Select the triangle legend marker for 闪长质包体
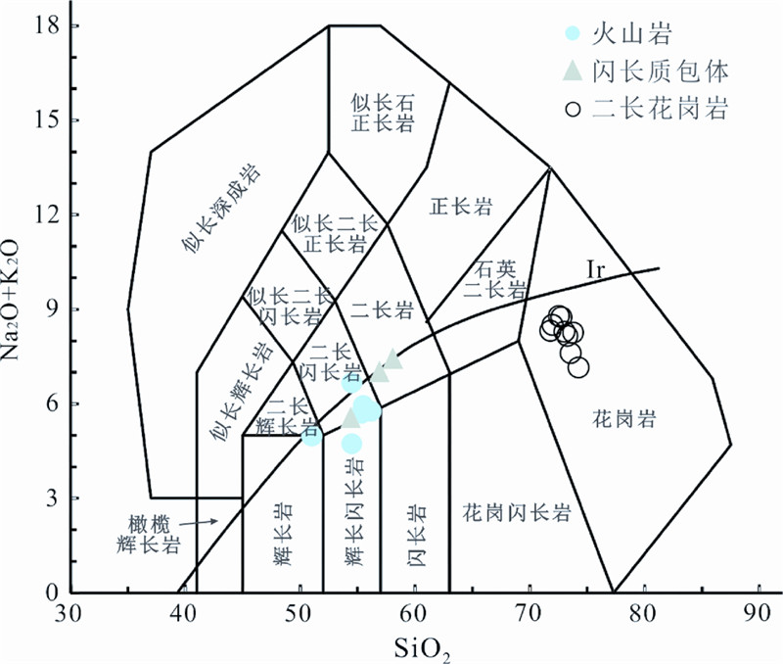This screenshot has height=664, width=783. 575,71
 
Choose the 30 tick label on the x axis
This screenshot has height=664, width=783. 69,614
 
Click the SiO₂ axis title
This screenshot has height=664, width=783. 422,645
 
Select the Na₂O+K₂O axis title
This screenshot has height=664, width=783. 17,303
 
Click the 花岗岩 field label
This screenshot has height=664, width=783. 622,419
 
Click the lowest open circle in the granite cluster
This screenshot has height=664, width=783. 578,368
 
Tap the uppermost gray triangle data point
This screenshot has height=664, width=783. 392,358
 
